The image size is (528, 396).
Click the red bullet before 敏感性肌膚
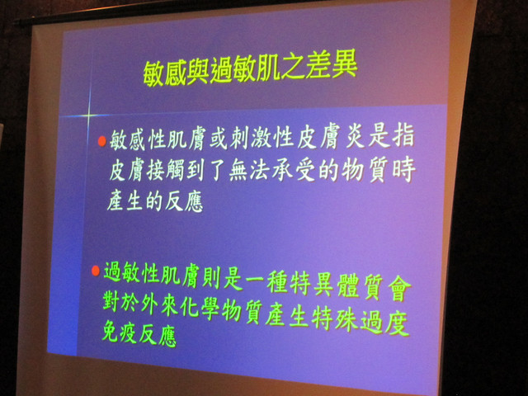102,141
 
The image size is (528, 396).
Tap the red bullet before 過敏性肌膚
96,271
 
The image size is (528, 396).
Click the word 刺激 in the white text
251,139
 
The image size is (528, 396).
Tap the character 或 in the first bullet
219,139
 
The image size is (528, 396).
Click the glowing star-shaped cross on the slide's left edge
88,115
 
